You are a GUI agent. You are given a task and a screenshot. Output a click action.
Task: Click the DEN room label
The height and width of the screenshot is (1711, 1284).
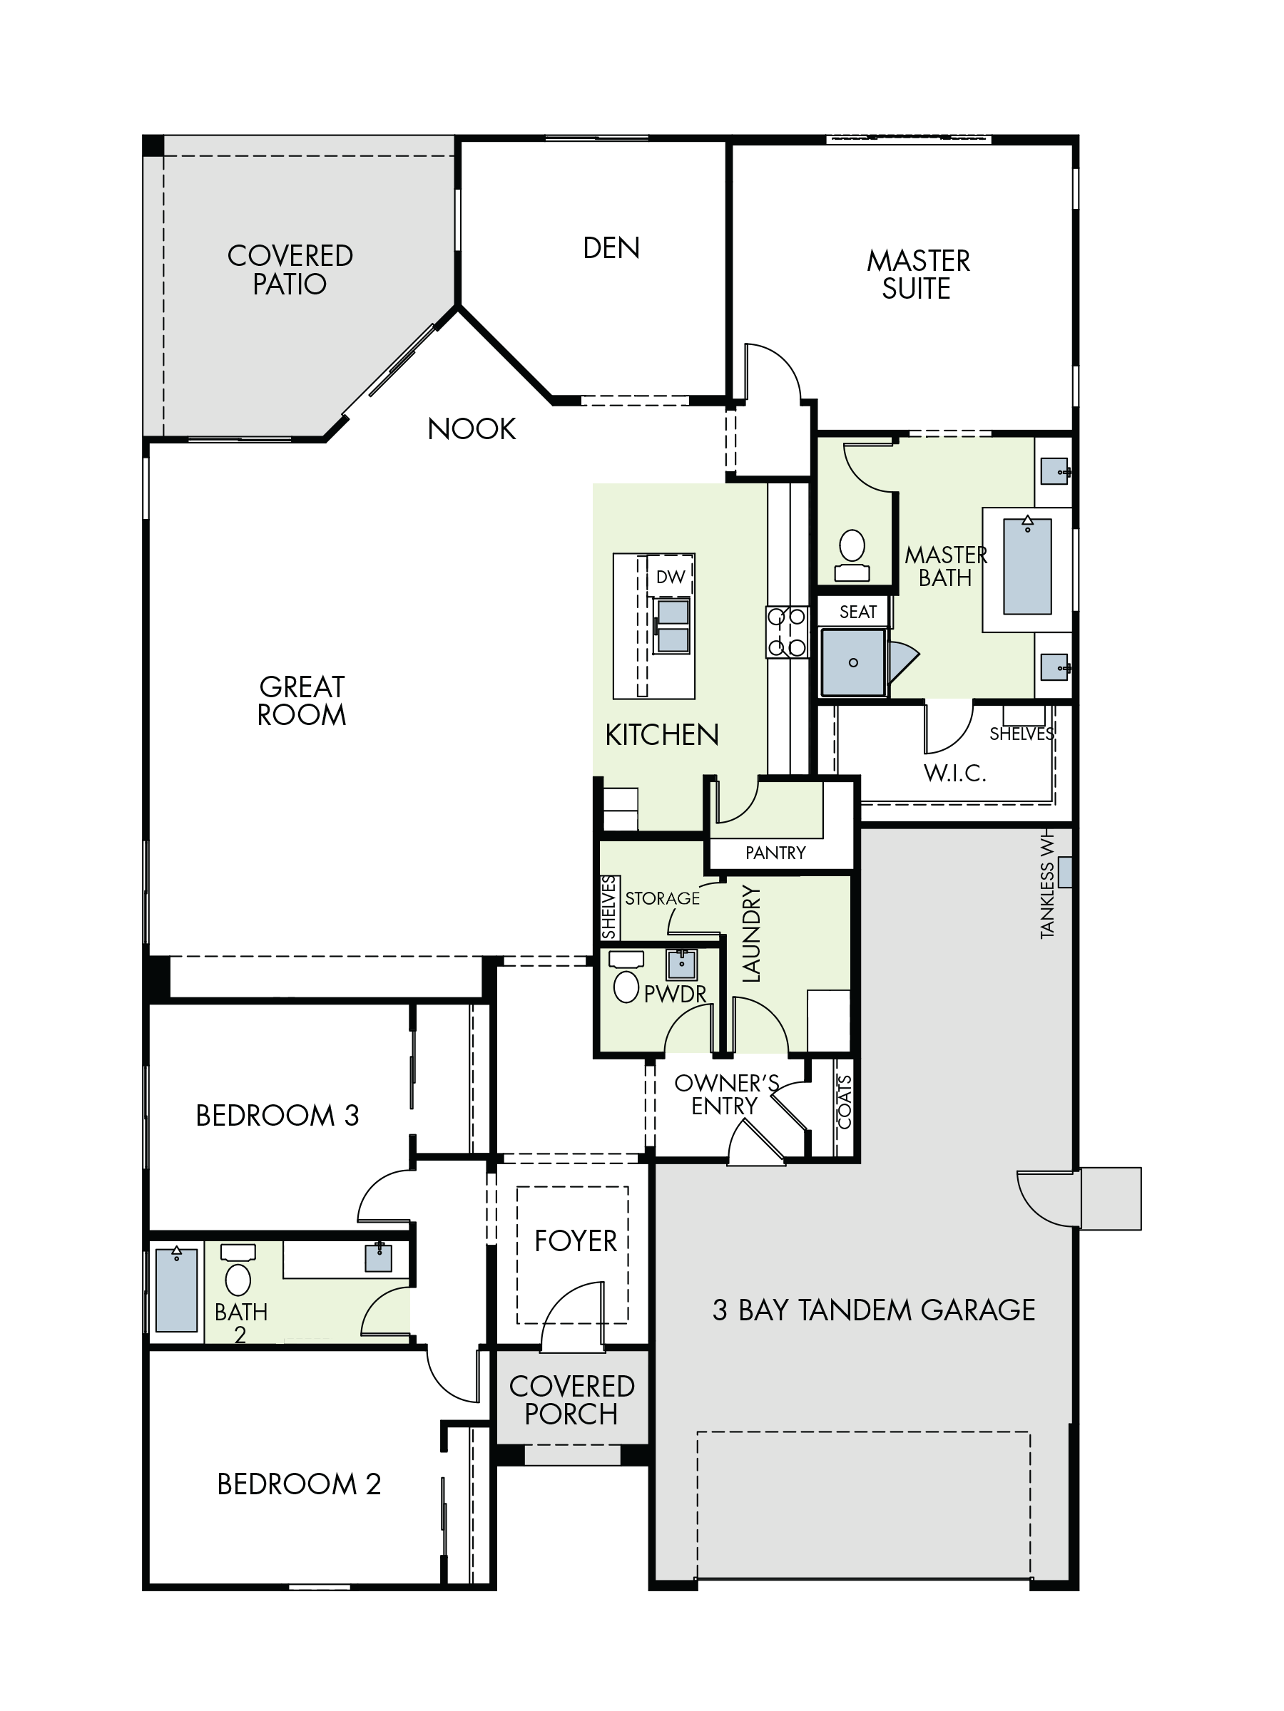pos(611,248)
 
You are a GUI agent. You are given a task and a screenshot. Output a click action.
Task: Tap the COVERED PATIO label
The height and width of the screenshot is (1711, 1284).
pos(290,270)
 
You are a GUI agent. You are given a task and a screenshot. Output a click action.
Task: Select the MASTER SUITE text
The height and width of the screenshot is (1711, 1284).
pos(918,274)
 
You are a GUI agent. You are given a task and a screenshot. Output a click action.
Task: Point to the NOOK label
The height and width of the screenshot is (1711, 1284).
pos(472,428)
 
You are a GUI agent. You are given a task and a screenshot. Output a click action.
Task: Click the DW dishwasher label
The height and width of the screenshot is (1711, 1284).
pos(671,576)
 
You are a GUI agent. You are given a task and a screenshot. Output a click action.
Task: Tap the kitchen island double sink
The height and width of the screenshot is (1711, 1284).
pos(672,626)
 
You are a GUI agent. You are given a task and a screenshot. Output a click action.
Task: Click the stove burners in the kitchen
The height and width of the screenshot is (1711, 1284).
pos(787,632)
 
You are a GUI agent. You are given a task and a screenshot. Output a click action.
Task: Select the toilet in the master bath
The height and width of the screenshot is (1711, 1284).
pos(852,555)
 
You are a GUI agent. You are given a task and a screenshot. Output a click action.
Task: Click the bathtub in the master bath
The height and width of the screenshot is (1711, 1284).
pos(1027,566)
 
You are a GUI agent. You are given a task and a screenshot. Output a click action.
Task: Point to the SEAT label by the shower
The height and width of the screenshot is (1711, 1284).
pos(857,612)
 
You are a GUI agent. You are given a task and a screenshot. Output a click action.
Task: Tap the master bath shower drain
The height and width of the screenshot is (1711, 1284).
pos(853,663)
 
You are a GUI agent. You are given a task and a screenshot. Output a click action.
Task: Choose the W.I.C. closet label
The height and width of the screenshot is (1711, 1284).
pos(954,773)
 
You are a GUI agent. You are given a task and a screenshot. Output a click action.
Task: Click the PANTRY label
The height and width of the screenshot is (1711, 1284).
pos(775,853)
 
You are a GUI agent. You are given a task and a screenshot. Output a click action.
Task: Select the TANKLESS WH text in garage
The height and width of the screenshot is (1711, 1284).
pos(1047,886)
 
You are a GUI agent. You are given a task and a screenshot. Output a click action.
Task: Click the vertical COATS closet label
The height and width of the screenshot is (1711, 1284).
pos(845,1102)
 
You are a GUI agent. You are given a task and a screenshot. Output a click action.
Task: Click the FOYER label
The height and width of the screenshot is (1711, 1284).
pos(575,1240)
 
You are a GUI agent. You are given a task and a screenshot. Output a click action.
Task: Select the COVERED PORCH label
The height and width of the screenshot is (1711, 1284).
pos(572,1399)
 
